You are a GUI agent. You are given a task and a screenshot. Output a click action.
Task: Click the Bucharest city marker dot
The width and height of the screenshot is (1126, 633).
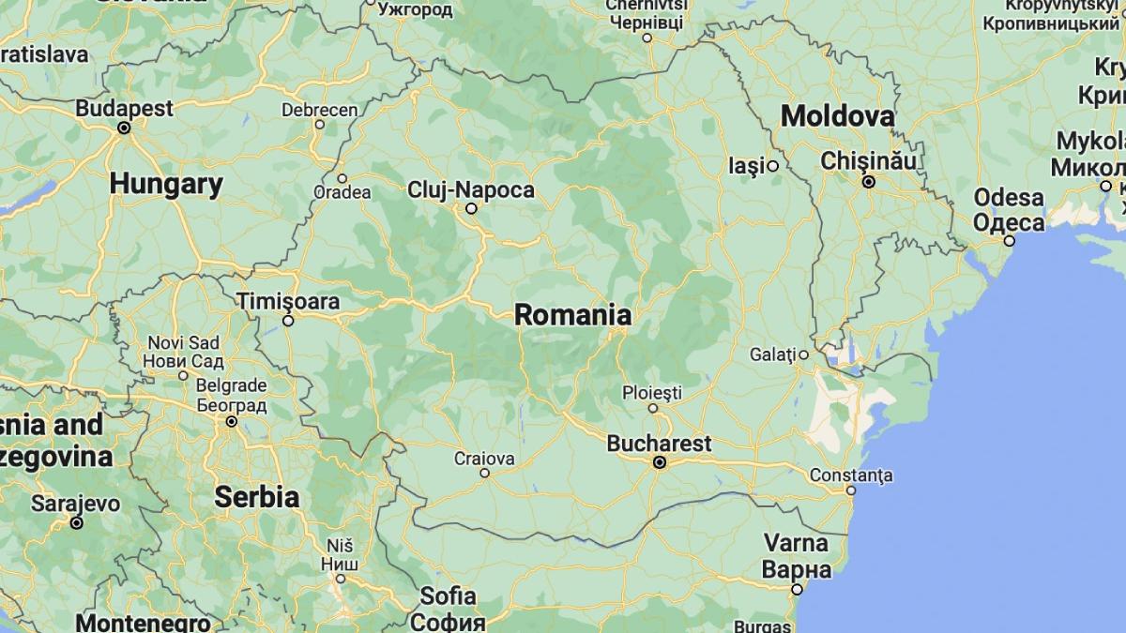coord(660,462)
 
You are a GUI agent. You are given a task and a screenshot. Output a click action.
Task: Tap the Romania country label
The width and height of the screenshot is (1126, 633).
coord(572,315)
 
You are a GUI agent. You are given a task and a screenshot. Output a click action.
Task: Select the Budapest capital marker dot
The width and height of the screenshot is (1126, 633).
coord(124,128)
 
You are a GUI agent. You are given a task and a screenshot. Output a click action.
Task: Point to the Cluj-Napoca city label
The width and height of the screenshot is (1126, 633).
coord(471,190)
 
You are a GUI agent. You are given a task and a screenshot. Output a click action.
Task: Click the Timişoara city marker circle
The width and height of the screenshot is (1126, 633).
coord(289,321)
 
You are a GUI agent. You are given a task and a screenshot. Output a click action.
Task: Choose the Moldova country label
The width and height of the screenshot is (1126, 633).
coord(837,116)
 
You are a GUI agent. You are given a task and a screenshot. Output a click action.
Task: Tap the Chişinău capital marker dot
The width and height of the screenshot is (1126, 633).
coord(869,182)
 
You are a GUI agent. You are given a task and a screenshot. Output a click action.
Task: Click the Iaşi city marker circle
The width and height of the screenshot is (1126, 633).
coord(773,166)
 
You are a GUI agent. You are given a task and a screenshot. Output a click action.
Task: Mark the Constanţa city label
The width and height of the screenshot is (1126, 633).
coord(851,475)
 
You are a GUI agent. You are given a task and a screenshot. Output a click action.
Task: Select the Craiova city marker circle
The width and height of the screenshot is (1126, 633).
coord(485,473)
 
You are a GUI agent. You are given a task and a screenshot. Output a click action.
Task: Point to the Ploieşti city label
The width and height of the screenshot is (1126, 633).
coord(651,392)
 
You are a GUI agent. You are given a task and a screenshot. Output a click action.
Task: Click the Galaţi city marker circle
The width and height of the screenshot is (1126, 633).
coord(804,354)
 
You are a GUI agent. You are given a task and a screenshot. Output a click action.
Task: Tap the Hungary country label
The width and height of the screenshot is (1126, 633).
coord(166,184)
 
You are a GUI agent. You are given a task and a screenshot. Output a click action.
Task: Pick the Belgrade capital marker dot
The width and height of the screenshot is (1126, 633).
coord(231,422)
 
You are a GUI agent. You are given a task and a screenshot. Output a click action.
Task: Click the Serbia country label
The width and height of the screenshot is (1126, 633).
coord(256,497)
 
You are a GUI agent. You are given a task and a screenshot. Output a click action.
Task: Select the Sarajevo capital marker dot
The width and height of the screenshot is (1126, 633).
coord(77,522)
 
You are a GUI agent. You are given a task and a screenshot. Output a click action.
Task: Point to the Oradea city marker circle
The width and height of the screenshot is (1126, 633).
coord(342,178)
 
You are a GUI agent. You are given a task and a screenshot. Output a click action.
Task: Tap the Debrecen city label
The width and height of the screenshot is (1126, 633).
coord(320,110)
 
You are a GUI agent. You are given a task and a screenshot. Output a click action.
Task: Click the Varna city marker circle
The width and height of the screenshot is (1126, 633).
coord(797,590)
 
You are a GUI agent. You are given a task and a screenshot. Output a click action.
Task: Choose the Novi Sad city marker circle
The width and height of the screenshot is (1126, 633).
coord(184,375)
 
